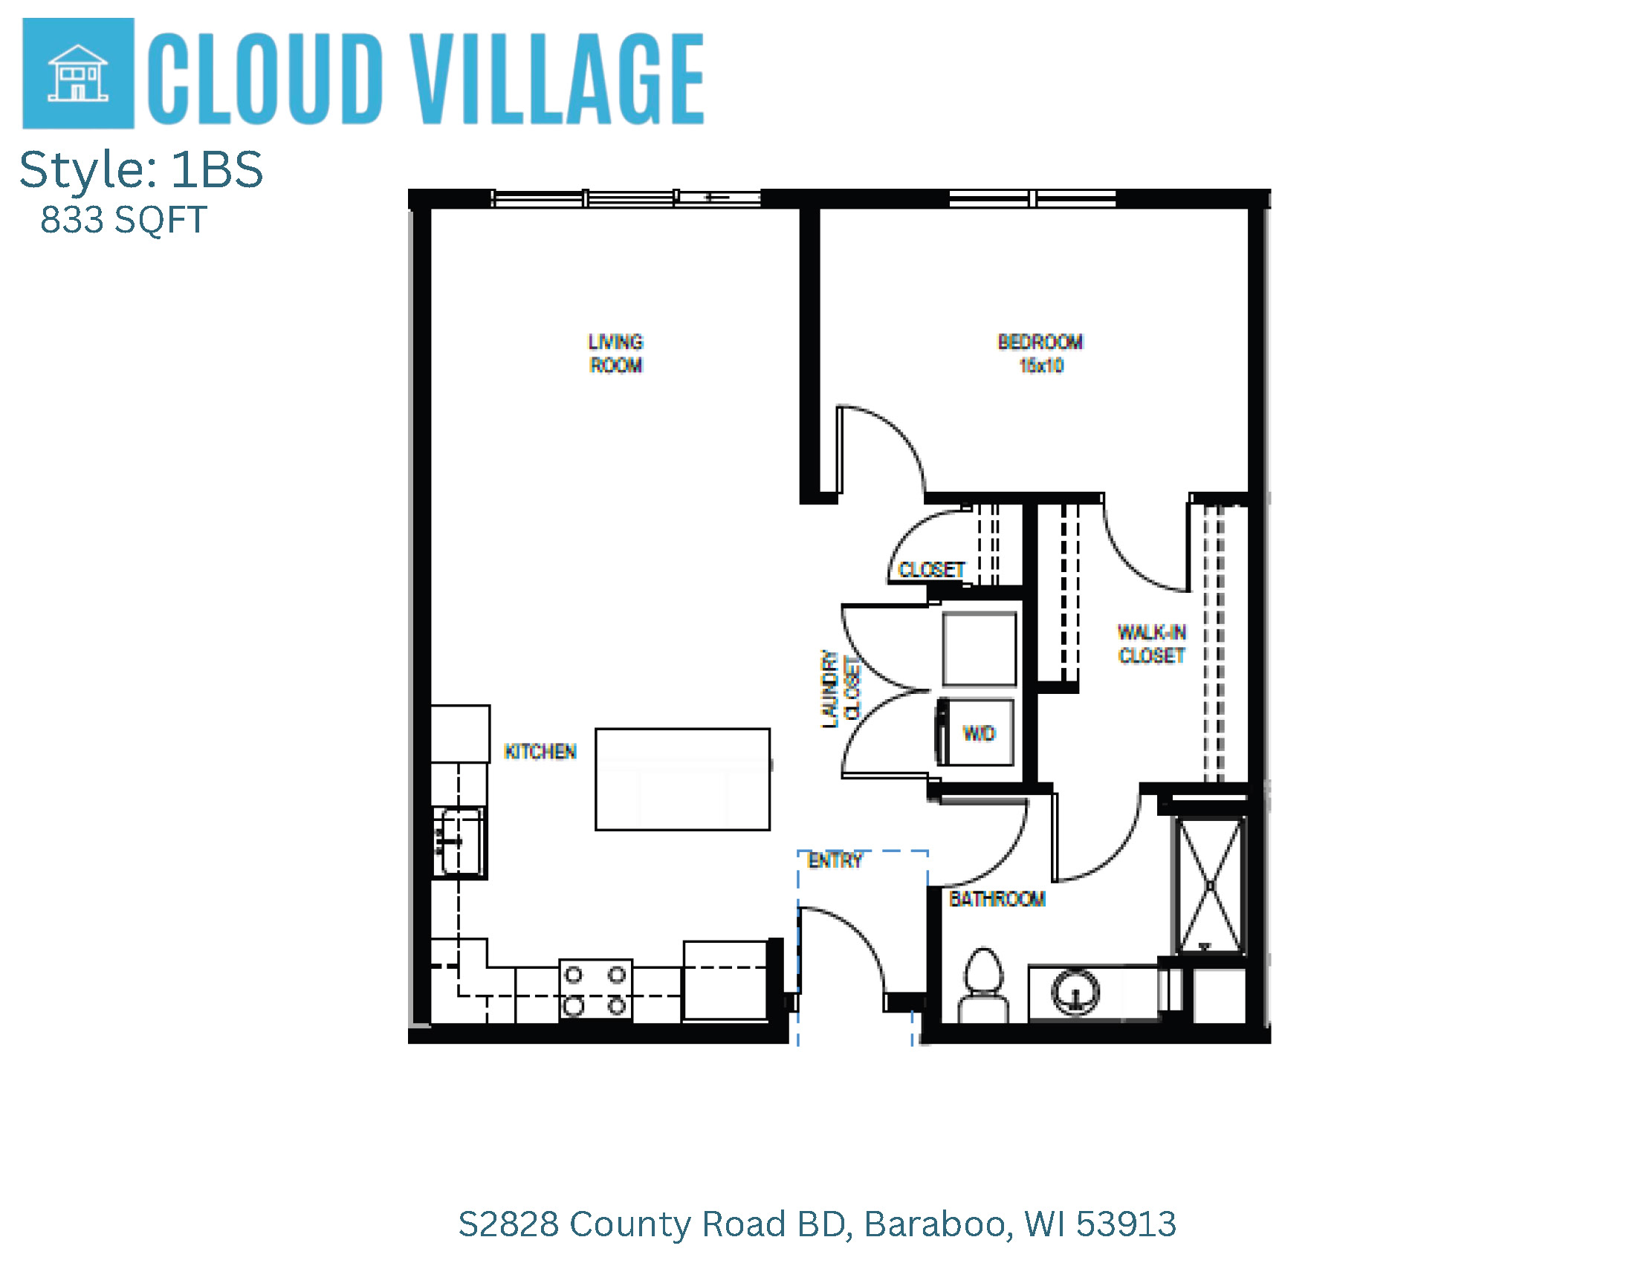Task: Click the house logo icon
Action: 78,74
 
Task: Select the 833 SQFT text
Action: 123,220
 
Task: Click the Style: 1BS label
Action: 141,169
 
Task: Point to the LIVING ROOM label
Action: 615,353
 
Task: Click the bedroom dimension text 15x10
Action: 1040,365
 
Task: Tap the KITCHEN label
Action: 540,751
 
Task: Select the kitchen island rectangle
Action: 682,779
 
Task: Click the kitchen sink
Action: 459,841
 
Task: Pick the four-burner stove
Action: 596,990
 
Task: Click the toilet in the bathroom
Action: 983,984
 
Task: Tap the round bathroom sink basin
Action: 1076,992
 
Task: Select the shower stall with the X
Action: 1210,885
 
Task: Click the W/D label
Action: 980,733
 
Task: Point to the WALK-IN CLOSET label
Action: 1151,643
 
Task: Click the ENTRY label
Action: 835,860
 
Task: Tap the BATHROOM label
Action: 997,899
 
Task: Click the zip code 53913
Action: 1126,1225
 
